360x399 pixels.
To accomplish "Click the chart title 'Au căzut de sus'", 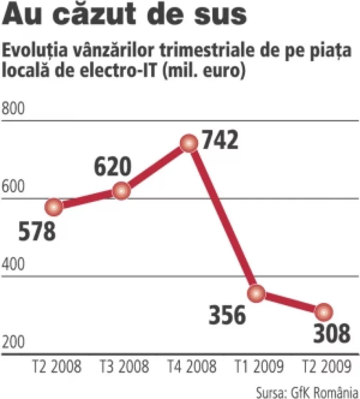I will point(125,16).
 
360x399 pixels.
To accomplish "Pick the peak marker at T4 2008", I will point(189,143).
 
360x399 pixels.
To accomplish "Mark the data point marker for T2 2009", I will point(324,312).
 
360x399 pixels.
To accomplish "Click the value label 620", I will point(112,167).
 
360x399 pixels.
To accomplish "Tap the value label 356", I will point(228,315).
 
